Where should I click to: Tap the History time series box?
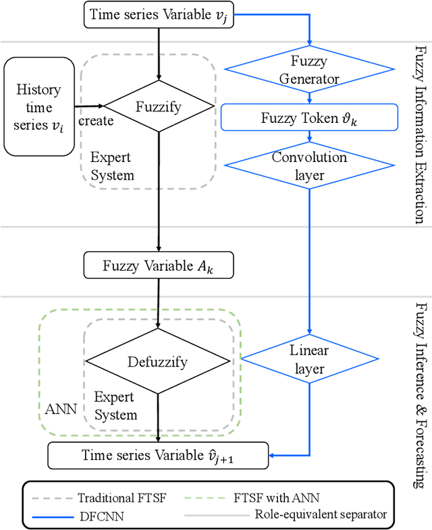click(x=39, y=107)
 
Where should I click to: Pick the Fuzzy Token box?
click(x=309, y=117)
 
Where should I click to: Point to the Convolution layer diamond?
click(x=309, y=165)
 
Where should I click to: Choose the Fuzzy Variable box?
click(x=158, y=265)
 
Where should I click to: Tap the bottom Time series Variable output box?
click(x=158, y=455)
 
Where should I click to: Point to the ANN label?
click(x=60, y=410)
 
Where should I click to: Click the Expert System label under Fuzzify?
click(x=112, y=167)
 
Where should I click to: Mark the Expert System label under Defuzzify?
click(x=115, y=406)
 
